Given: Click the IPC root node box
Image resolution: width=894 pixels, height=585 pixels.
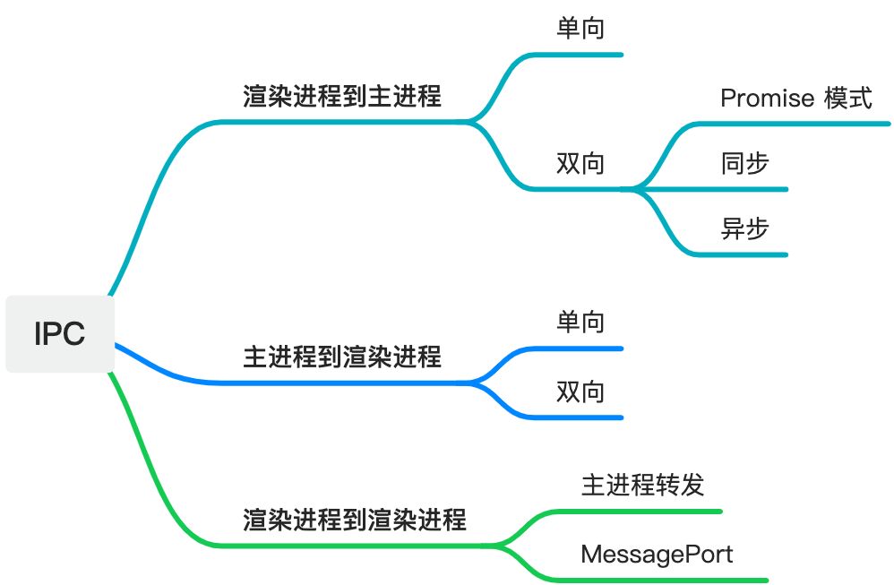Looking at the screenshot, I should click(59, 333).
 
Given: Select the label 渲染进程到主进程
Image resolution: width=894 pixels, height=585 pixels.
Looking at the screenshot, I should click(342, 96).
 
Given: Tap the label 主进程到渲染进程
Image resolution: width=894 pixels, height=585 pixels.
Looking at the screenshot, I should click(342, 357).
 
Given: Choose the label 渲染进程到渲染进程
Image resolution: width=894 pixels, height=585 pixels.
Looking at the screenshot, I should click(355, 520).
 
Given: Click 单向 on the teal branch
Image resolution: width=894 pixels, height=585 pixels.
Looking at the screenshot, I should click(580, 29).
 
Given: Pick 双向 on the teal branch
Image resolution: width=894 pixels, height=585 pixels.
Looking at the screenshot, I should click(580, 163).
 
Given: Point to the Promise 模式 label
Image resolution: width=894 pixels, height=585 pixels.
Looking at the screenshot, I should click(795, 98).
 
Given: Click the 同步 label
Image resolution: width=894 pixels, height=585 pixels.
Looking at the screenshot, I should click(744, 163).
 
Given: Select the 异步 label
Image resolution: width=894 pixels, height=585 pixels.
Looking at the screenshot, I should click(744, 228).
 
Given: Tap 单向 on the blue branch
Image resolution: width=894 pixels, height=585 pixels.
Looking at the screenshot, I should click(580, 322).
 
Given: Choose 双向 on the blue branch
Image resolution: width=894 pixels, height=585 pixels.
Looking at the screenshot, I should click(580, 391).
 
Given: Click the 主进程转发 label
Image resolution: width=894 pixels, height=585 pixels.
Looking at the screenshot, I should click(642, 485).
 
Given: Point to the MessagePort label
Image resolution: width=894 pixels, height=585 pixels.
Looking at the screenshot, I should click(657, 554).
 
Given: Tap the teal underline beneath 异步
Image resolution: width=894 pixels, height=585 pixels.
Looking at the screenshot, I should click(744, 255).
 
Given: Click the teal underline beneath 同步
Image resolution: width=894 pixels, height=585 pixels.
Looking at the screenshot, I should click(744, 189).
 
